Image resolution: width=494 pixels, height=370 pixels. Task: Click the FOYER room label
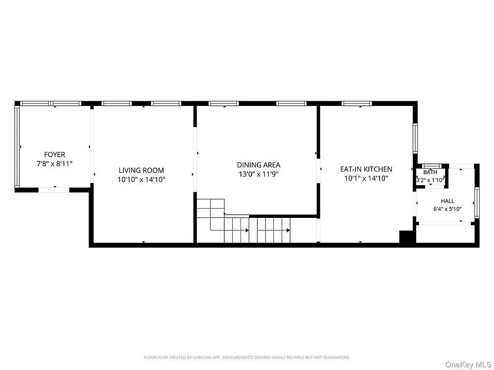pos(55,154)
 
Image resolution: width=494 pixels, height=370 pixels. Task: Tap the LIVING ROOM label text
pos(141,170)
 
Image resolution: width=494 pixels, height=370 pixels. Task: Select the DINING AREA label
pos(259,165)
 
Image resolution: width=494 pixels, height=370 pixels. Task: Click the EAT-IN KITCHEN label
pos(366,169)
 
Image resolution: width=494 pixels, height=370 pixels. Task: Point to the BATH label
pos(430,172)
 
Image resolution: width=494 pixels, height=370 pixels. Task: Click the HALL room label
pos(447,201)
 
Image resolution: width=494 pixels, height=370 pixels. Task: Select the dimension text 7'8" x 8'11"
pos(55,164)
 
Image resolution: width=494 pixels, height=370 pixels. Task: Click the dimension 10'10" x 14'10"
pos(141,179)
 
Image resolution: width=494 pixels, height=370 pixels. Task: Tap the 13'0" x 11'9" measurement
pos(259,174)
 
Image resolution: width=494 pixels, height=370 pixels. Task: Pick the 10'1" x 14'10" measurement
pos(366,179)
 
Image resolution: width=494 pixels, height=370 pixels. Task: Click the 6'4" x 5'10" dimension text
pos(447,209)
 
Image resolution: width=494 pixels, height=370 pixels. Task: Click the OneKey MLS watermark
pos(468,364)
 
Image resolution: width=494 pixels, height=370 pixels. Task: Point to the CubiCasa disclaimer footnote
pos(247,358)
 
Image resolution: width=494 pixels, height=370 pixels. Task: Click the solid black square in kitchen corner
pos(406,237)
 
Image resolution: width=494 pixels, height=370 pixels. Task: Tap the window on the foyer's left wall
pos(17,146)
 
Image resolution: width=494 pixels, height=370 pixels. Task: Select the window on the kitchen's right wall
pos(415,138)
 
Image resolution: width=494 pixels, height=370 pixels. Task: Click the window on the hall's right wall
pos(477,203)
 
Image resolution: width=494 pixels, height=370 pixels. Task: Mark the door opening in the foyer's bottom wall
pos(54,190)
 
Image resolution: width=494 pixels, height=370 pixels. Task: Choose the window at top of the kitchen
pos(357,104)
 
